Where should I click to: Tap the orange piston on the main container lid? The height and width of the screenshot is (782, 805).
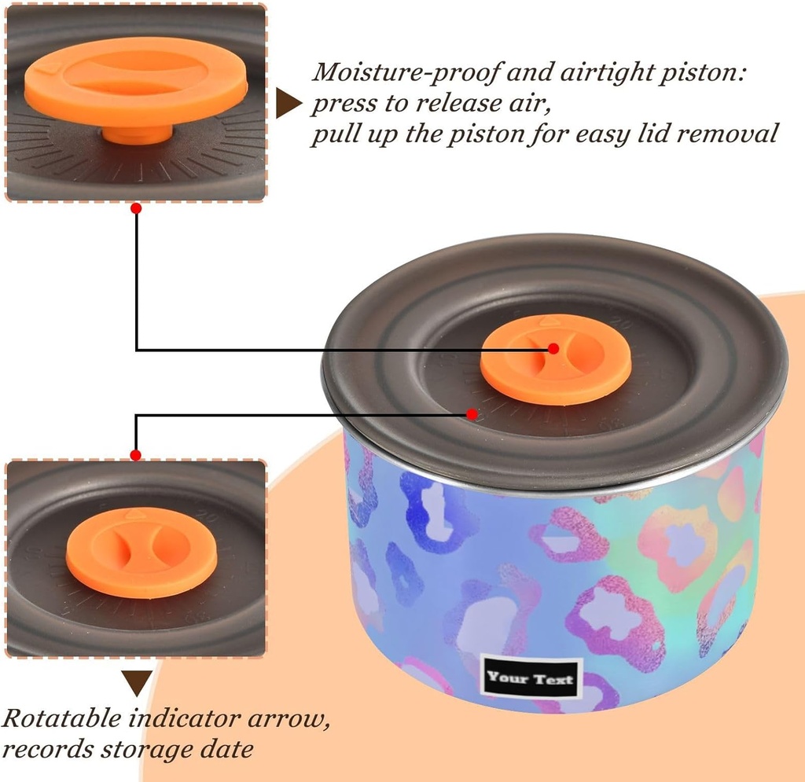[x=556, y=360]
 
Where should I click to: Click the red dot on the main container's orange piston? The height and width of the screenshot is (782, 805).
[x=553, y=347]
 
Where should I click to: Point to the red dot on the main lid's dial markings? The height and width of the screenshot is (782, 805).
[x=472, y=413]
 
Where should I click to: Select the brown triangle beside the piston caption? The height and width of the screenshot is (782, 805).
[x=289, y=103]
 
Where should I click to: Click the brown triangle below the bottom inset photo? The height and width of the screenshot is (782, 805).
[x=136, y=683]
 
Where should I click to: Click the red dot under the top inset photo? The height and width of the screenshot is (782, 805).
[x=136, y=208]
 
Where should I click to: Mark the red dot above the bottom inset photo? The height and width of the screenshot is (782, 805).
[x=136, y=455]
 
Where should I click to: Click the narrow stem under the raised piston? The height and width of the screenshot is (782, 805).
[x=135, y=134]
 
